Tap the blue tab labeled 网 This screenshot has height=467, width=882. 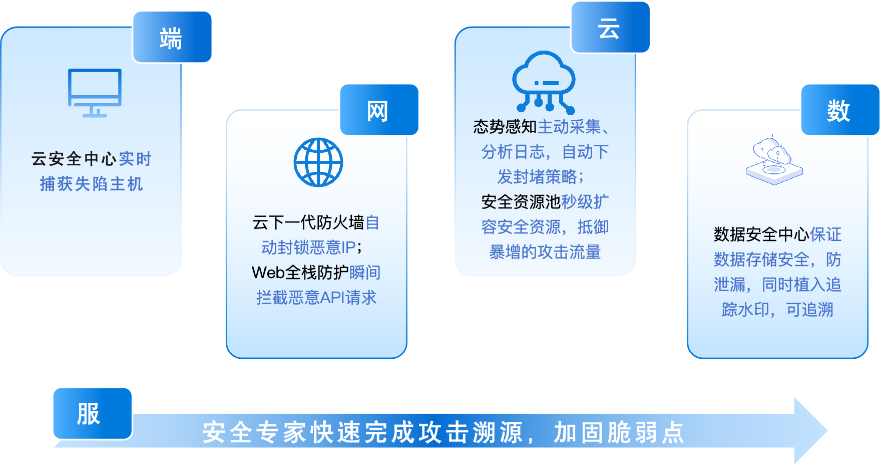pos(379,110)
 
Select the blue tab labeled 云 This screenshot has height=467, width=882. pos(610,28)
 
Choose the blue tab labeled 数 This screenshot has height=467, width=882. pos(840,110)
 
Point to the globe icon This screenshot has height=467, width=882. pos(318,162)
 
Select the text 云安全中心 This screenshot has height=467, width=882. pos(74,159)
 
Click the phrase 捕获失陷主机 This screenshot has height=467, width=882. pos(92,184)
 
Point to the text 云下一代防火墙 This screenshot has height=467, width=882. pos(308,222)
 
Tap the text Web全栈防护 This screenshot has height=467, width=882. pos(300,273)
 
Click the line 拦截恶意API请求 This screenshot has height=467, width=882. pos(316,298)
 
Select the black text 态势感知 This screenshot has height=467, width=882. pos(505,127)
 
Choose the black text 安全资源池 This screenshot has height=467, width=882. pos(521,202)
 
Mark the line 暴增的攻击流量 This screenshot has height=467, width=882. pos(545,252)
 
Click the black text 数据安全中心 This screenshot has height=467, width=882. pos(761,235)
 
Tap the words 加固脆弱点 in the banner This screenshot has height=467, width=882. pos(619,432)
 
